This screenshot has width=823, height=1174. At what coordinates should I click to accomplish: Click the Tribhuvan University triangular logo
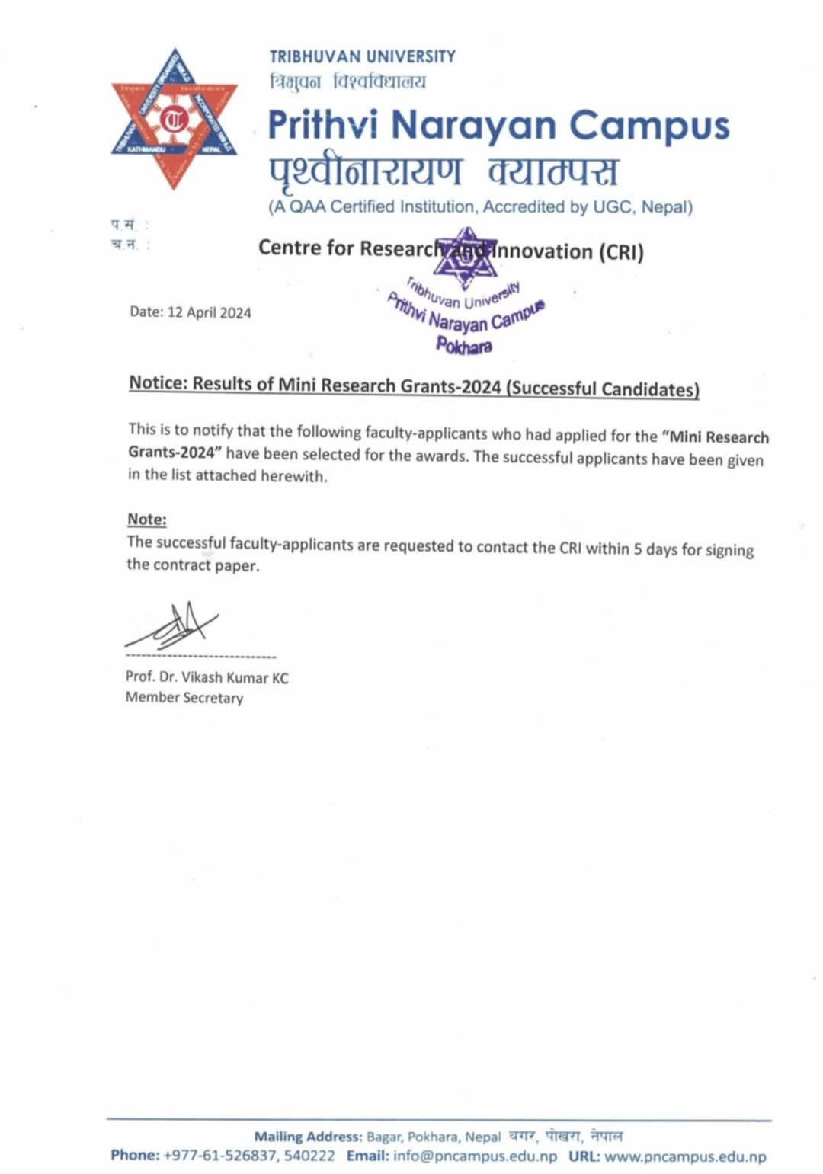point(175,118)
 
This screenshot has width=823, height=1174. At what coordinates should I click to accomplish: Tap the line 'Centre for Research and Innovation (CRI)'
point(450,250)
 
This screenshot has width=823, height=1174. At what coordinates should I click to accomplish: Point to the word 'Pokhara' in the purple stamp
point(464,345)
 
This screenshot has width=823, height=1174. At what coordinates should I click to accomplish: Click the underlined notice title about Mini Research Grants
point(414,385)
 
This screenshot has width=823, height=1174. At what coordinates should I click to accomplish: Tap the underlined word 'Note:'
point(146,519)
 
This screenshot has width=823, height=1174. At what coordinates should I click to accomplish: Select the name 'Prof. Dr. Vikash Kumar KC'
point(207,677)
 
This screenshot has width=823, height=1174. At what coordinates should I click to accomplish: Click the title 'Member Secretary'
point(184,697)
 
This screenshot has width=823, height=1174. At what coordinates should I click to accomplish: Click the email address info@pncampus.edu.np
point(475,1156)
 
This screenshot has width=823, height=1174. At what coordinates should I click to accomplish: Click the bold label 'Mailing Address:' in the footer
point(308,1137)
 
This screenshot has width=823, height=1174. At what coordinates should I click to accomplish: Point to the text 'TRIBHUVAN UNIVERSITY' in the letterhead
point(362,56)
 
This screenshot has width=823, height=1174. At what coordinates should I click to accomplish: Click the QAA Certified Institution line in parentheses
point(480,206)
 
